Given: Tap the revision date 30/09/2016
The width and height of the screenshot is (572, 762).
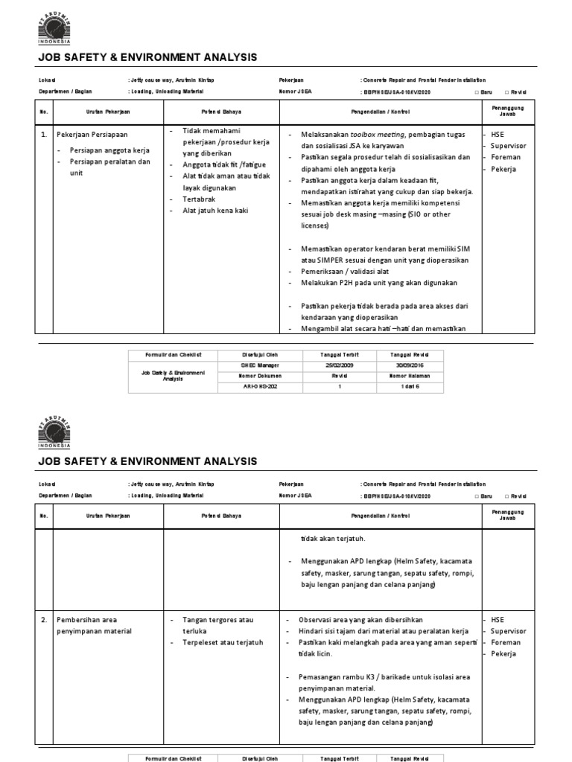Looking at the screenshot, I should click(410, 365).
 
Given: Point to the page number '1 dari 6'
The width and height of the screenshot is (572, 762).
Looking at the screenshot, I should click(410, 387).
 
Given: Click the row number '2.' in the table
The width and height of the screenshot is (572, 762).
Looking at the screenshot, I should click(45, 619).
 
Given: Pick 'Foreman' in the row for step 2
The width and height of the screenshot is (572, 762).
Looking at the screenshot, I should click(506, 642).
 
